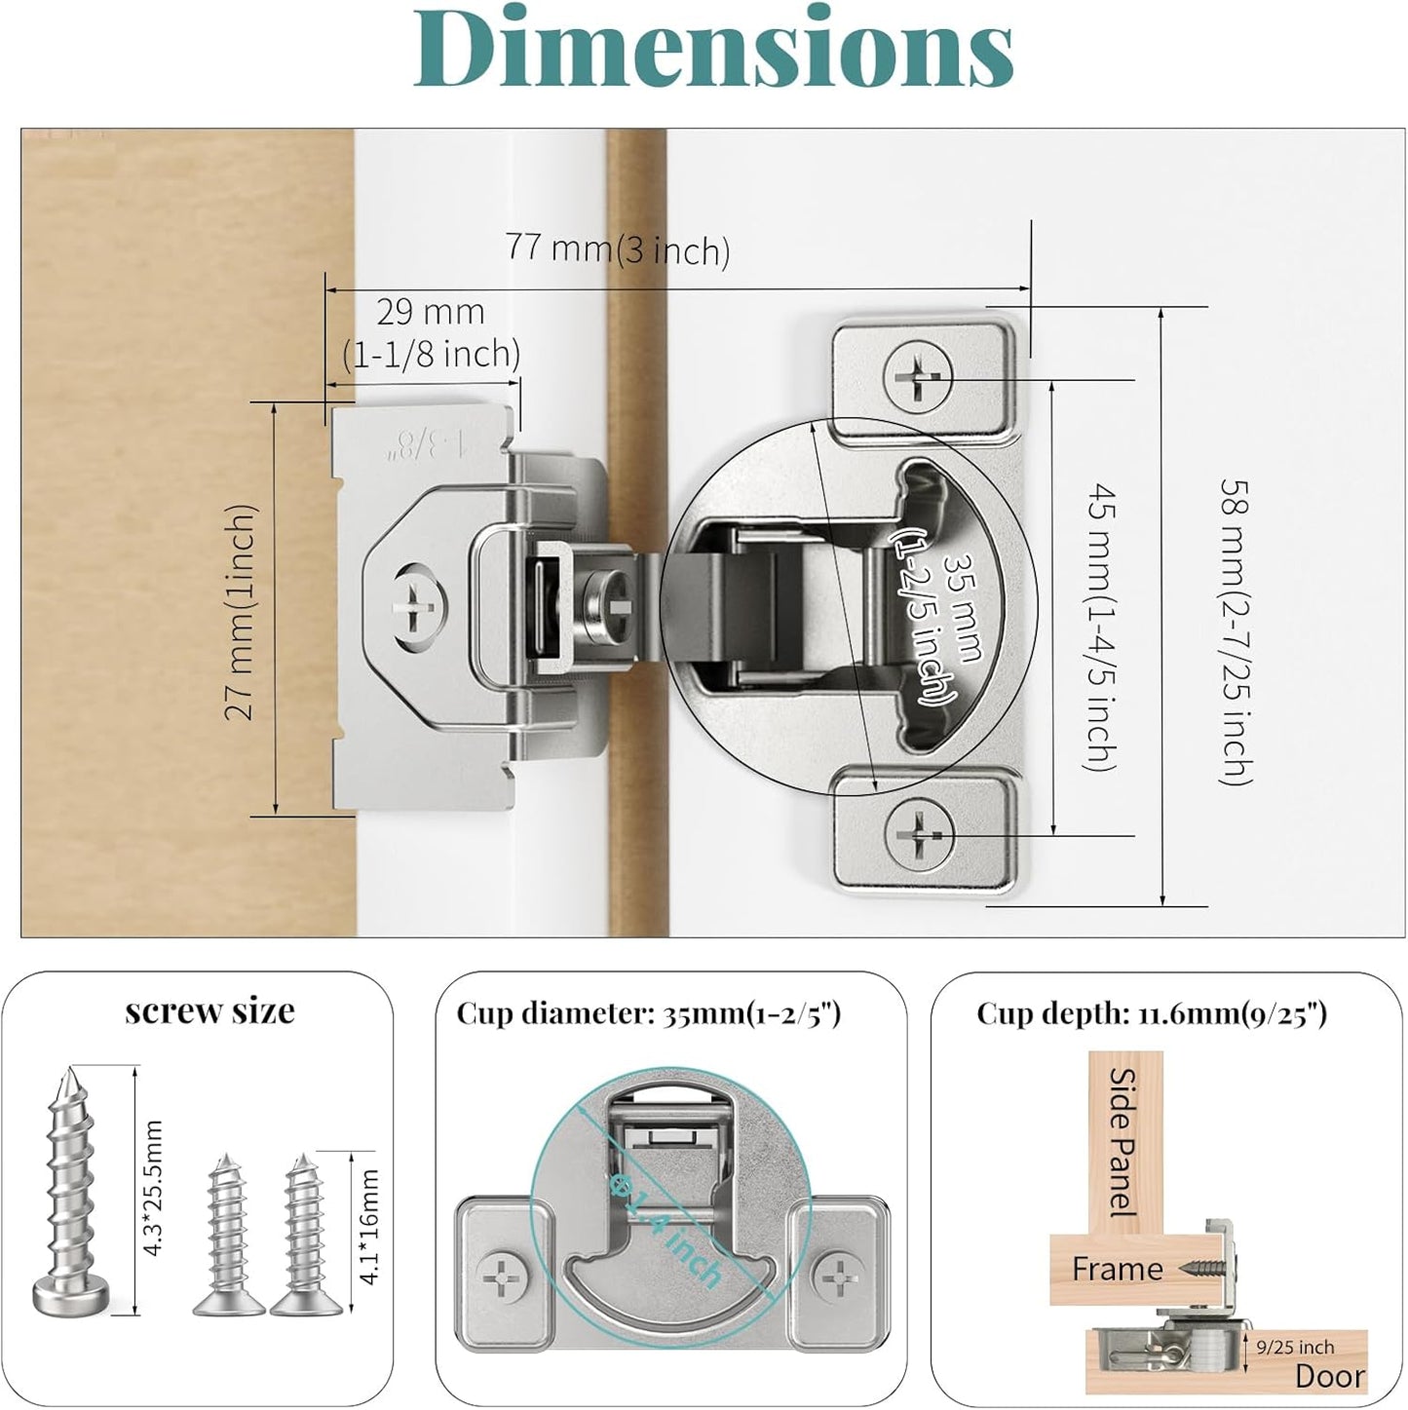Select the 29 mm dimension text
pyautogui.click(x=431, y=313)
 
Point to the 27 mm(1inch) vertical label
pyautogui.click(x=241, y=612)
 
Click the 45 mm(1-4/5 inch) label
pyautogui.click(x=1100, y=626)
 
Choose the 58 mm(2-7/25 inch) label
pyautogui.click(x=1237, y=631)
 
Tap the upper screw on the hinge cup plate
pyautogui.click(x=918, y=377)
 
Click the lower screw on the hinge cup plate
pyautogui.click(x=919, y=833)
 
